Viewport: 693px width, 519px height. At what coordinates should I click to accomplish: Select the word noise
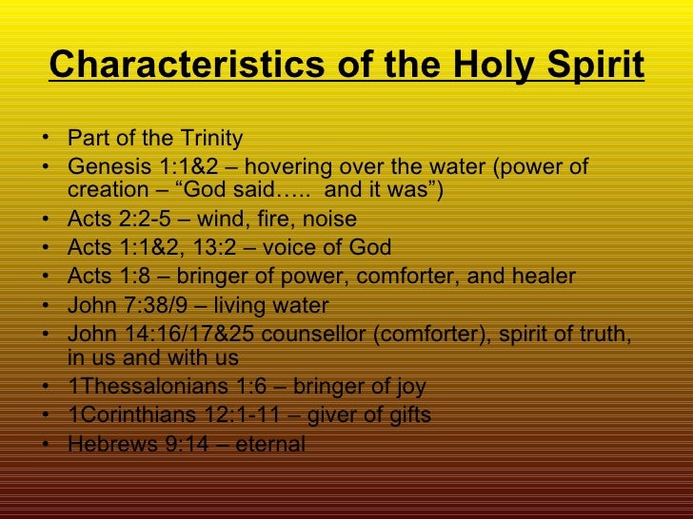pyautogui.click(x=325, y=221)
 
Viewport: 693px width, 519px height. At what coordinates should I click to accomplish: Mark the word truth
pyautogui.click(x=601, y=335)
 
